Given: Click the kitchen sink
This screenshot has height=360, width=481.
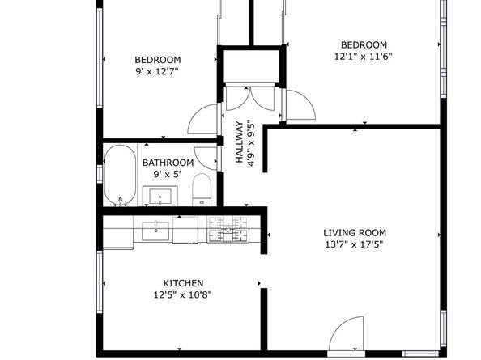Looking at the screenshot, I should (x=155, y=231).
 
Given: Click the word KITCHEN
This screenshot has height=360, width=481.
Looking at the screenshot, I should (x=183, y=283).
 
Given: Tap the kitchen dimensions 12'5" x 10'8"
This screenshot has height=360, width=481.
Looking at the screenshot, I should (x=183, y=294).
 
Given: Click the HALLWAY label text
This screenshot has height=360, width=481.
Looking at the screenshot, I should (x=240, y=143).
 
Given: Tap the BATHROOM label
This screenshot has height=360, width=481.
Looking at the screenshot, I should (x=168, y=162).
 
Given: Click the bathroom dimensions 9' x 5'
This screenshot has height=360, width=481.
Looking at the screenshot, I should (x=168, y=173).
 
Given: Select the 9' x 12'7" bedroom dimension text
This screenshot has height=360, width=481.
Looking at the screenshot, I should (x=157, y=71).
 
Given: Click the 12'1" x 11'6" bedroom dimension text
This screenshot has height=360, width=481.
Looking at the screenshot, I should (x=363, y=57).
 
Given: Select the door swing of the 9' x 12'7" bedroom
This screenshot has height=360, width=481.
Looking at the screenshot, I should (x=202, y=121).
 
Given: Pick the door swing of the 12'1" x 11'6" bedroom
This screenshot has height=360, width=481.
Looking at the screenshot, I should (x=297, y=106).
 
